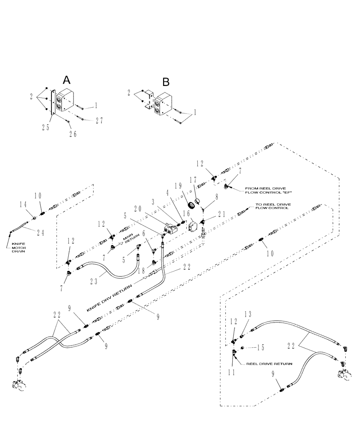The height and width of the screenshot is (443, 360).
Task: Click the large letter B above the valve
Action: [165, 82]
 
